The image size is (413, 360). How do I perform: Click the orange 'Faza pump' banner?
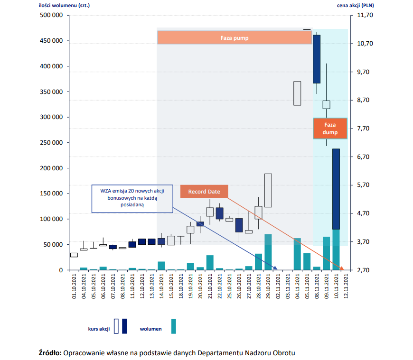point(235,37)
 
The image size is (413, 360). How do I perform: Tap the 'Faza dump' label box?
point(330,129)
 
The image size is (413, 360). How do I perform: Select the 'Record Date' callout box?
point(204,192)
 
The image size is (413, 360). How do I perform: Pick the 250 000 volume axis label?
point(51,143)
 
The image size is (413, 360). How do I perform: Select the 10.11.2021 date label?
point(336,286)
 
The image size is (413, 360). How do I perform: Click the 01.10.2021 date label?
point(74,286)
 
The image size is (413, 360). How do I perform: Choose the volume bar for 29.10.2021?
point(268,252)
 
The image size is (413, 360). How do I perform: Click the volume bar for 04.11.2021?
point(297,254)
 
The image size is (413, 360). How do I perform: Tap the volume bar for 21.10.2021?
point(210,263)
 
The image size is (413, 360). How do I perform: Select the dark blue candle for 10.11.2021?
point(336,189)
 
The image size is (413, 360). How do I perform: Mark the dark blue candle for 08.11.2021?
point(317,59)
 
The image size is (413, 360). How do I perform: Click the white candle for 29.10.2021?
point(268,191)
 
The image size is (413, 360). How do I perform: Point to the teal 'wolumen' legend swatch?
point(174,326)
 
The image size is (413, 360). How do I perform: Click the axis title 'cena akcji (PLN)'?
point(355,5)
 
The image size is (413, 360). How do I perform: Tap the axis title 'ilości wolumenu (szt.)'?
point(64,5)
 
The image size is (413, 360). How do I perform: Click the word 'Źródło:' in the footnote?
point(50,353)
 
